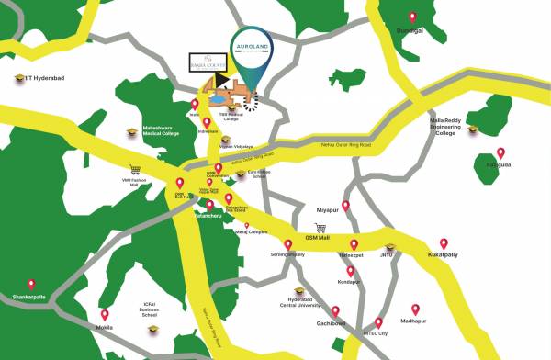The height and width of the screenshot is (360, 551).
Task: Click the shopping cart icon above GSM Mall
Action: pyautogui.click(x=320, y=228)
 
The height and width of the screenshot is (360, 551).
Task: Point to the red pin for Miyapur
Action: pyautogui.click(x=346, y=206)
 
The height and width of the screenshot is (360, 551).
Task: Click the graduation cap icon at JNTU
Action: pyautogui.click(x=389, y=247)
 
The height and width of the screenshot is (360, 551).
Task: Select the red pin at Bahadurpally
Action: pyautogui.click(x=500, y=152)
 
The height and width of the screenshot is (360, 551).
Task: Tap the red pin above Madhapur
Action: pyautogui.click(x=415, y=309)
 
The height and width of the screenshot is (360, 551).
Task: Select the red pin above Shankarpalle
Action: pyautogui.click(x=31, y=285)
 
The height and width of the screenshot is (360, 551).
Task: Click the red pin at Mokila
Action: pyautogui.click(x=105, y=314)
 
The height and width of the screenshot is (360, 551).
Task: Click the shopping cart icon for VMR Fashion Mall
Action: pyautogui.click(x=135, y=169)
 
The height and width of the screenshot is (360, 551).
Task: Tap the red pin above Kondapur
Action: pyautogui.click(x=350, y=271)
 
